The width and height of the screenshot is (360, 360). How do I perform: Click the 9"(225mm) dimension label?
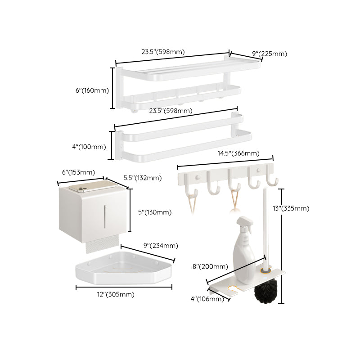click(269, 54)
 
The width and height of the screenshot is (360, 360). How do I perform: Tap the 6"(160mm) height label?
click(92, 90)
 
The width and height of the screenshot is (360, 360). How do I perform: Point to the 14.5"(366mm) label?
click(238, 153)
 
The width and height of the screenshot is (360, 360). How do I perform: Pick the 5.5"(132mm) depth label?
click(142, 178)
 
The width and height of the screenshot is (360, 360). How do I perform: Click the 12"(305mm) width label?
click(115, 294)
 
